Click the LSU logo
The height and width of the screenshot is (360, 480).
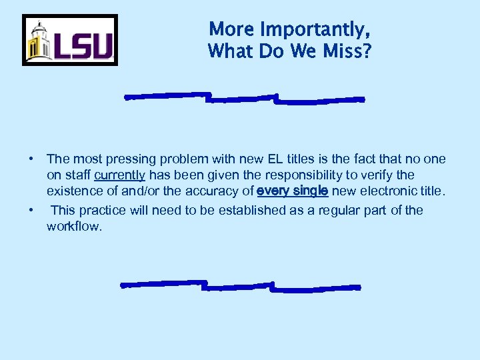click(x=70, y=40)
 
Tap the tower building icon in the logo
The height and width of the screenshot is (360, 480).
click(x=39, y=42)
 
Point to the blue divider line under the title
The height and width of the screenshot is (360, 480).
click(x=245, y=98)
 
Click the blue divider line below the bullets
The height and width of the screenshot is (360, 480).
click(x=240, y=285)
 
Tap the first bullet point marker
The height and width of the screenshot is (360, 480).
click(x=31, y=159)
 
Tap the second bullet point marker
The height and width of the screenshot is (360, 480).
click(x=31, y=211)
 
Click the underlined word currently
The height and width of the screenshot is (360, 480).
click(x=120, y=175)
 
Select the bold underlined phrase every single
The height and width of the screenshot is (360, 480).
click(x=292, y=191)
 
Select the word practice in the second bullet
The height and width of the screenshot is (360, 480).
click(x=102, y=211)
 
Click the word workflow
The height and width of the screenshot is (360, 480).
click(x=73, y=227)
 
